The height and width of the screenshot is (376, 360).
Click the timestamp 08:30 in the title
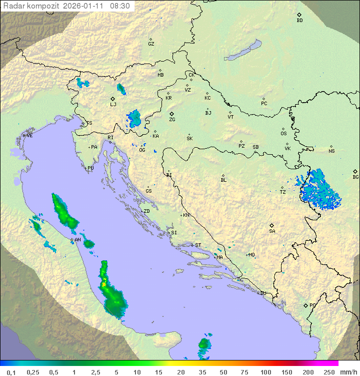[x=120, y=6]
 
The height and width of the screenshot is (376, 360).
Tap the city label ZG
[x=172, y=120]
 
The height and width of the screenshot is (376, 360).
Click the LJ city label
[x=113, y=105]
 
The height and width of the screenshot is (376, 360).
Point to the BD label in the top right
[x=299, y=21]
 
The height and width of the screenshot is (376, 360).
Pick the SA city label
[x=272, y=231]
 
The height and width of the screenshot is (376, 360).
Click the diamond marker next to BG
[x=355, y=171]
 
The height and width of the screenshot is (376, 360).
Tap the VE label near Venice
[x=29, y=136]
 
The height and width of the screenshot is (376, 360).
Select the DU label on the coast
[x=262, y=293]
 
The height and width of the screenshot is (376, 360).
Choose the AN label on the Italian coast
[x=77, y=240]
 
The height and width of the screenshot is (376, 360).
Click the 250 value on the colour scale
[x=328, y=372]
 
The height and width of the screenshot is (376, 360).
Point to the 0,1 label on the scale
[x=11, y=372]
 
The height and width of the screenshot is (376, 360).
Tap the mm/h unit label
[x=348, y=372]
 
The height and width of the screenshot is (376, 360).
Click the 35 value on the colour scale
[x=201, y=372]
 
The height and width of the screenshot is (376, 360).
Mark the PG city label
[x=312, y=305]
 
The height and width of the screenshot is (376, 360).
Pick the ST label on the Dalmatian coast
[x=198, y=245]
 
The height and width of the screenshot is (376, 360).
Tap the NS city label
[x=331, y=151]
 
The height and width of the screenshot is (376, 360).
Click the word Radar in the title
[x=13, y=6]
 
